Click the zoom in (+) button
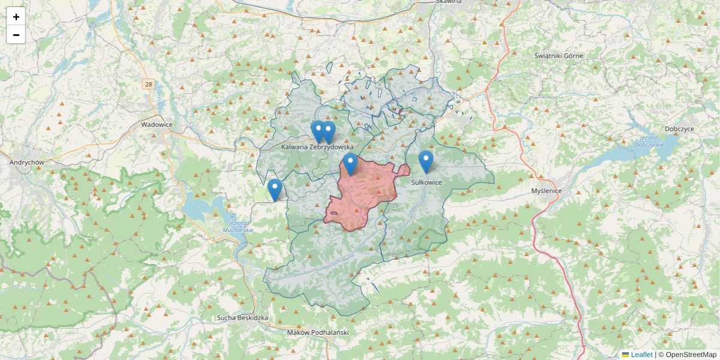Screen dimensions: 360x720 click(x=16, y=17)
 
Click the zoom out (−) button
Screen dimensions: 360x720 click(x=16, y=35)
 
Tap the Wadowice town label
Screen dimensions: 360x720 click(x=157, y=125)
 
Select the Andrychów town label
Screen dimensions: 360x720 click(x=27, y=163)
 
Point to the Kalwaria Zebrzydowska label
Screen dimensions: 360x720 click(x=317, y=147)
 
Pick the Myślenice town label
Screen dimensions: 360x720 click(x=547, y=191)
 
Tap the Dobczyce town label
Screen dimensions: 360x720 click(x=679, y=130)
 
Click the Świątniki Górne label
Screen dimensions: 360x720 click(x=559, y=56)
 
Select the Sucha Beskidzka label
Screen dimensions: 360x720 click(x=242, y=318)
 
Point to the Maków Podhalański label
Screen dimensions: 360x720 click(x=318, y=332)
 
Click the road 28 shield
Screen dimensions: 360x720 click(x=148, y=85)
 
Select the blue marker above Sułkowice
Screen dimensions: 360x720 click(x=426, y=161)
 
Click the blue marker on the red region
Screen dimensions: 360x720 click(x=350, y=163)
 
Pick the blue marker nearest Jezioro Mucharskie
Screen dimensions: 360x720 click(x=275, y=189)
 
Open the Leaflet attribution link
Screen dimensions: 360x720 click(x=641, y=355)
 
